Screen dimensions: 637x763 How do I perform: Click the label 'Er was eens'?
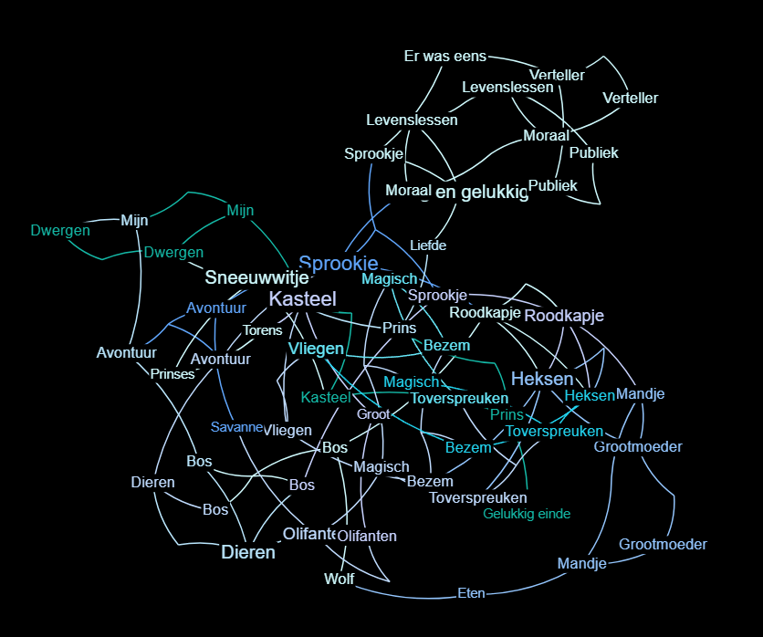tap(445, 57)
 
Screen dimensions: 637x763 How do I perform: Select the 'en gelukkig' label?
tap(482, 192)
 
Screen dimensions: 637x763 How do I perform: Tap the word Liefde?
tap(428, 245)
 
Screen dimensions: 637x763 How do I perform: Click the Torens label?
tap(263, 330)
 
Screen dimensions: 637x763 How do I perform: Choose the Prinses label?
tap(172, 374)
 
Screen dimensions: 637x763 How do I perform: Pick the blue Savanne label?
tap(236, 427)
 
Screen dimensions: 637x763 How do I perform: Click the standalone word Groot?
tap(373, 414)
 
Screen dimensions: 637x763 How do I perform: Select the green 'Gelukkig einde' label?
tap(527, 514)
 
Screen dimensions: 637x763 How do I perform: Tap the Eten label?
tap(471, 594)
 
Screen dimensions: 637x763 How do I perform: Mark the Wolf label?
tap(340, 579)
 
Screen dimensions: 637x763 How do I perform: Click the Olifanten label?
tap(367, 536)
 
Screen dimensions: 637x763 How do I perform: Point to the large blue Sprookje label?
tap(339, 264)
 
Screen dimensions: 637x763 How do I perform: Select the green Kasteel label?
tap(326, 398)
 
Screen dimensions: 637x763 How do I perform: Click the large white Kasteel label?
tap(303, 298)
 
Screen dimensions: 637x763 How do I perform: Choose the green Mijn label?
tap(240, 211)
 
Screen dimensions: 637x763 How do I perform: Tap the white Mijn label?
tap(134, 220)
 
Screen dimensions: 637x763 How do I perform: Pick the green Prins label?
tap(507, 414)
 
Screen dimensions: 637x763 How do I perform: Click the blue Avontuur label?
tap(216, 308)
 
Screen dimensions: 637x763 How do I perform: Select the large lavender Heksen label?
tap(542, 379)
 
